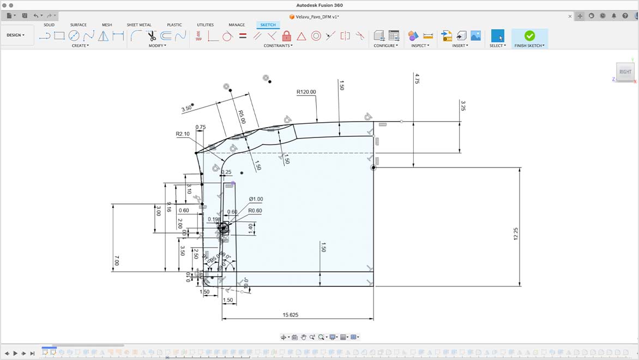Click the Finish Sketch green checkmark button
coord(529,35)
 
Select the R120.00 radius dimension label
coord(306,92)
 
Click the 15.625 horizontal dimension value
coord(290,315)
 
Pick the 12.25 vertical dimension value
coord(516,233)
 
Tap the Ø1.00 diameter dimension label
coord(256,199)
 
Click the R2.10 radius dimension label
coord(182,134)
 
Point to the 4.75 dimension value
coord(417,78)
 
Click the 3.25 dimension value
coord(463,105)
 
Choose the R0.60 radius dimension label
coord(255,211)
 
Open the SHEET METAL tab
coord(139,25)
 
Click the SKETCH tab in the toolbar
coord(268,25)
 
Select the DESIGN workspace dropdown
coord(15,35)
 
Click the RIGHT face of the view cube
coord(625,71)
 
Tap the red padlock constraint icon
coord(287,36)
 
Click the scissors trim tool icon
coord(152,36)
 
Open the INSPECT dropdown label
coord(420,46)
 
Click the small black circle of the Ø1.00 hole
coord(224,229)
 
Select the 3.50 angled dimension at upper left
coord(186,109)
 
